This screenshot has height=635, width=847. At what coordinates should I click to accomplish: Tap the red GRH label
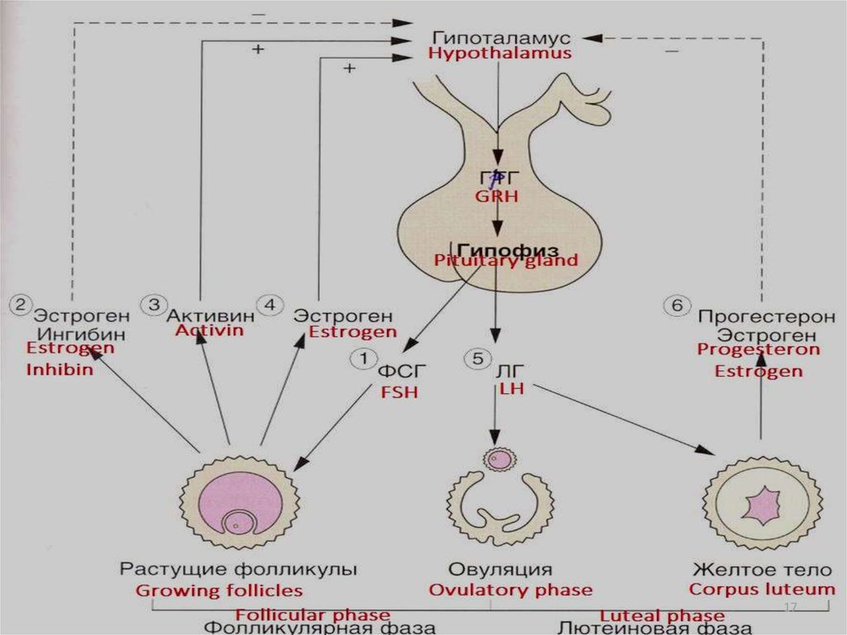coord(495,196)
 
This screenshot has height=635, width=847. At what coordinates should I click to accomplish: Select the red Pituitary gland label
coord(506,260)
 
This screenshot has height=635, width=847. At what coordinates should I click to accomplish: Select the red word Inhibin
coord(60,370)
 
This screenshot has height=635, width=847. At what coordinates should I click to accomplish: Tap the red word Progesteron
coord(758,349)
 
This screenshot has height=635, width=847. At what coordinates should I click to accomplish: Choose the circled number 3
coord(154,305)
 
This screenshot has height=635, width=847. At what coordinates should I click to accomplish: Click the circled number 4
coord(269,305)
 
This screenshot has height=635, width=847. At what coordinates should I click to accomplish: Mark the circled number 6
coord(676,305)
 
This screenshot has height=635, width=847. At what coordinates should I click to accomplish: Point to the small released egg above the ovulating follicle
coord(499,458)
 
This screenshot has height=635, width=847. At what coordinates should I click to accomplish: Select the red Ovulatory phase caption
coord(510,590)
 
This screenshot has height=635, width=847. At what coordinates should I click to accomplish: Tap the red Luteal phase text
coord(662,615)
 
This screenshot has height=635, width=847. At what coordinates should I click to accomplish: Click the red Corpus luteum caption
coord(762,589)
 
